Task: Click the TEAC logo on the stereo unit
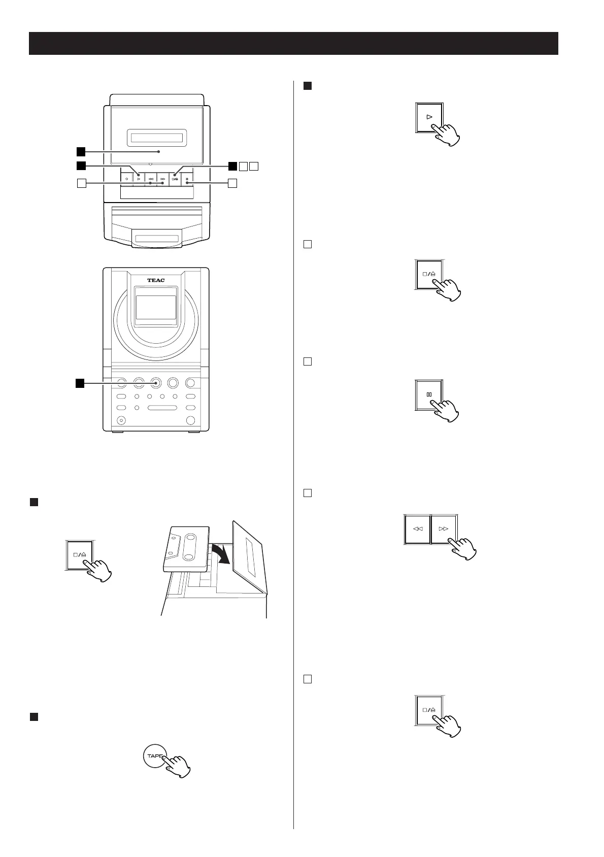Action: pyautogui.click(x=156, y=280)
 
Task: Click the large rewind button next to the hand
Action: pyautogui.click(x=417, y=529)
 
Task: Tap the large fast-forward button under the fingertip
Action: pyautogui.click(x=444, y=529)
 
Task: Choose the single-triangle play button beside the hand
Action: pyautogui.click(x=429, y=117)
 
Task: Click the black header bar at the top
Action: pyautogui.click(x=293, y=43)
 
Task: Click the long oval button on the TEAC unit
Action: pyautogui.click(x=162, y=408)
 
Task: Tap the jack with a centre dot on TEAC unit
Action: pyautogui.click(x=121, y=420)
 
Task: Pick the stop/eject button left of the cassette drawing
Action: pyautogui.click(x=80, y=554)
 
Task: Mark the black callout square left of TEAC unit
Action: pyautogui.click(x=80, y=383)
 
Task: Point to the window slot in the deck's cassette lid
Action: pyautogui.click(x=156, y=138)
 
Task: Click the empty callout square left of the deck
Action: pyautogui.click(x=80, y=183)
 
